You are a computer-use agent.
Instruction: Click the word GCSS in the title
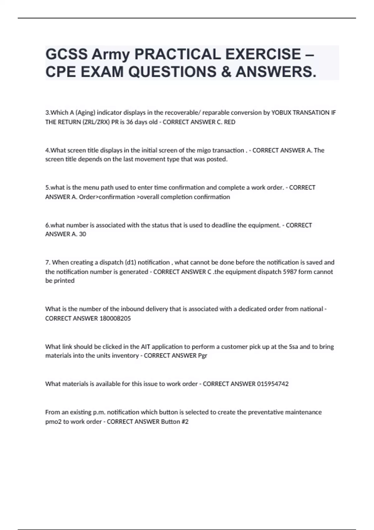click(x=66, y=55)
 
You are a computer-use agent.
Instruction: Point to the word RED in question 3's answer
click(x=230, y=122)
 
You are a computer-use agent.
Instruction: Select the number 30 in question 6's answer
click(x=82, y=234)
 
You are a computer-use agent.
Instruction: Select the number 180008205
click(x=115, y=318)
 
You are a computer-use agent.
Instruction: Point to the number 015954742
click(x=273, y=384)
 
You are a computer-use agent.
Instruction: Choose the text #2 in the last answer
click(x=185, y=422)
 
